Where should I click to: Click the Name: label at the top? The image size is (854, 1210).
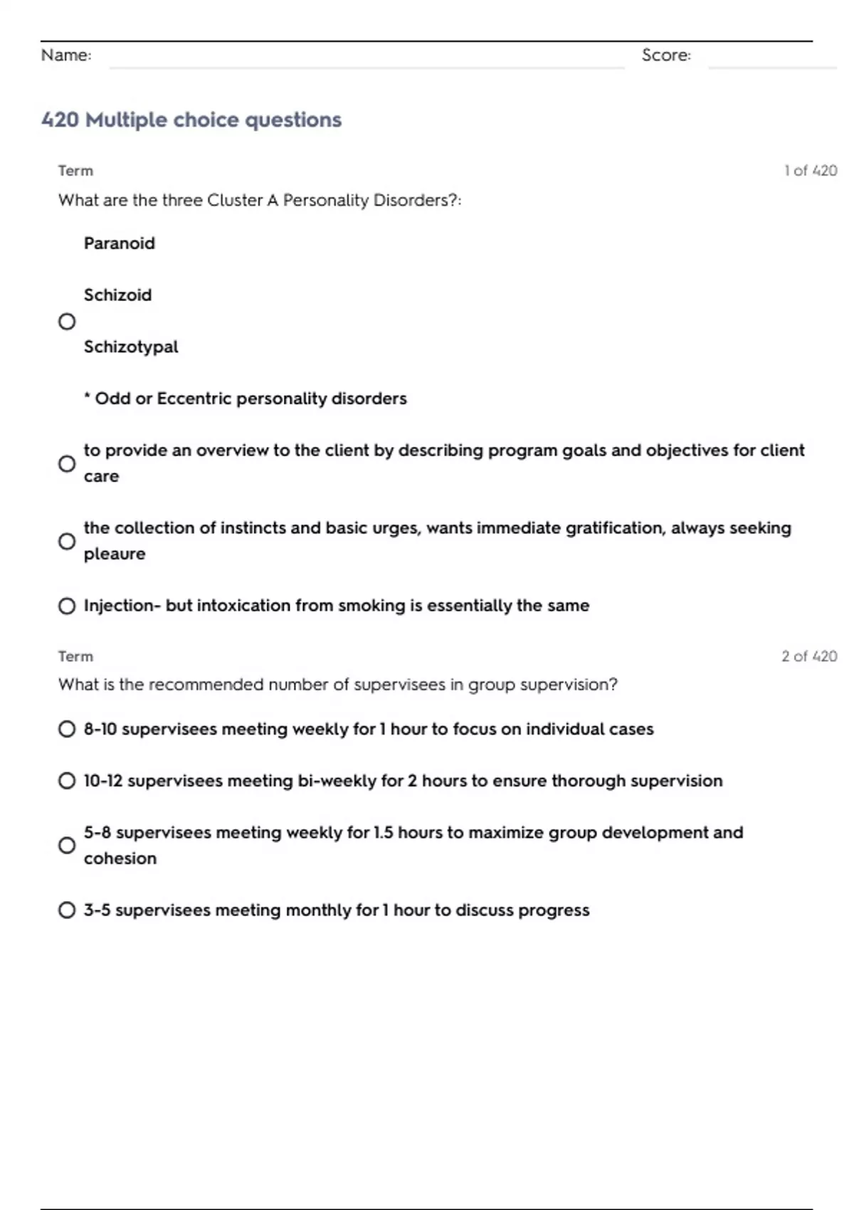pos(66,56)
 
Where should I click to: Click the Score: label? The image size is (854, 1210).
pos(666,56)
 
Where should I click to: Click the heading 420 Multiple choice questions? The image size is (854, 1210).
pos(191,120)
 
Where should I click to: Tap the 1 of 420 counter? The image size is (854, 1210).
pos(811,171)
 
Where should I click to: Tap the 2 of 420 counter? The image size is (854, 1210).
pos(809,656)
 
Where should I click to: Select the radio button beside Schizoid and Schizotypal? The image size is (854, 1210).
pos(67,322)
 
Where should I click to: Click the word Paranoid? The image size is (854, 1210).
pos(119,243)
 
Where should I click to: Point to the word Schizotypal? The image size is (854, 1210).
pos(131,347)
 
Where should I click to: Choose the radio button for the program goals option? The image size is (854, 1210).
pos(67,464)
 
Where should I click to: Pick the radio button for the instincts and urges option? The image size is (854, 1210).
pos(67,542)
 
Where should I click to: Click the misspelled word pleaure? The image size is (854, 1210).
pos(115,554)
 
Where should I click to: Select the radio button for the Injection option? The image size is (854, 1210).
pos(67,606)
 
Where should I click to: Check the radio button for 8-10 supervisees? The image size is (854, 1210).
pos(67,730)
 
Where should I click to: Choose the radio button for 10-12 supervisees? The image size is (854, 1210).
pos(67,781)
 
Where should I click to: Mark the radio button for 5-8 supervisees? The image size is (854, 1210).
pos(67,846)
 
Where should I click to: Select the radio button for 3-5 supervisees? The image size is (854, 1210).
pos(67,910)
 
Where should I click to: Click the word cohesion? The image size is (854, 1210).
pos(120,858)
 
